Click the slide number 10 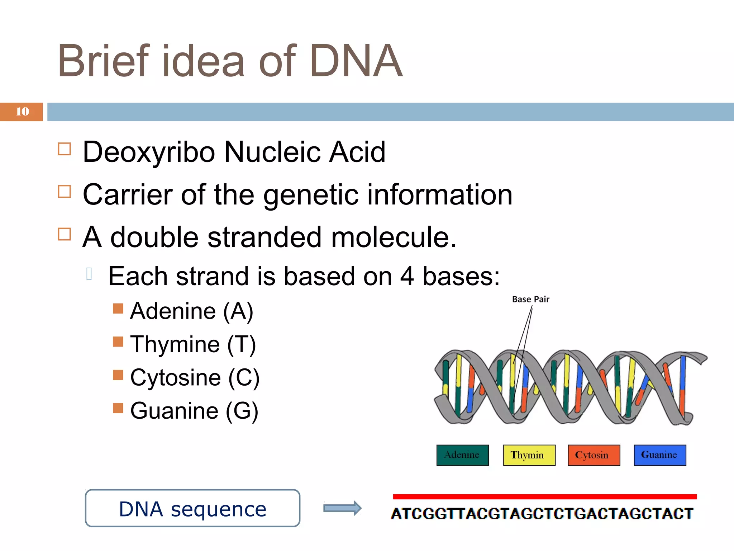(x=22, y=112)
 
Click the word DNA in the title (x=356, y=61)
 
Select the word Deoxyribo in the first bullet (x=149, y=152)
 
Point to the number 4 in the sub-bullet (x=407, y=277)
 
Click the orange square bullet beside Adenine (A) (x=118, y=309)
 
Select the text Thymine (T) (x=193, y=344)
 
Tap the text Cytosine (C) (x=195, y=378)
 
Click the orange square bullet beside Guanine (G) (x=118, y=408)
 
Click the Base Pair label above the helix (x=530, y=299)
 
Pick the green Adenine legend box (x=462, y=455)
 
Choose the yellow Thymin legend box (x=529, y=455)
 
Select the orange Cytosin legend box (x=594, y=455)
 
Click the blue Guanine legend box (x=660, y=455)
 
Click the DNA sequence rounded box (x=192, y=508)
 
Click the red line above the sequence (x=544, y=497)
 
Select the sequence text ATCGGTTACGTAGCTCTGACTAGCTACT (x=542, y=514)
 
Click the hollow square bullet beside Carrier (x=65, y=192)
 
